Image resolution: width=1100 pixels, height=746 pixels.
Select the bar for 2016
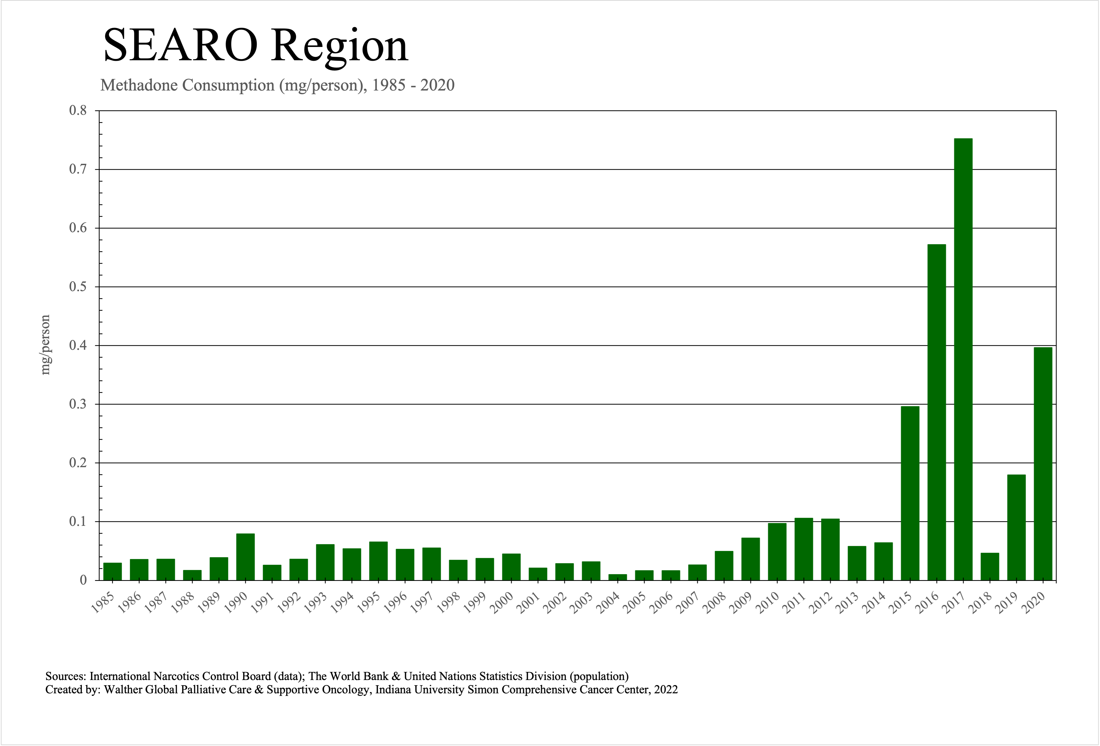pos(937,412)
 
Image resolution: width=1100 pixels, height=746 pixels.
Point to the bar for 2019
pos(1016,527)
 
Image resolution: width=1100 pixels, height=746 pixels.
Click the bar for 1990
pos(245,557)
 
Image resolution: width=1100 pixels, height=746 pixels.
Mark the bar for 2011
pos(804,549)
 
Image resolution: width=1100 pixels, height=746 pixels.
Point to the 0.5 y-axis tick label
pos(78,287)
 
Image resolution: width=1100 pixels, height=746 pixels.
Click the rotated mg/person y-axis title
pos(45,345)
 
